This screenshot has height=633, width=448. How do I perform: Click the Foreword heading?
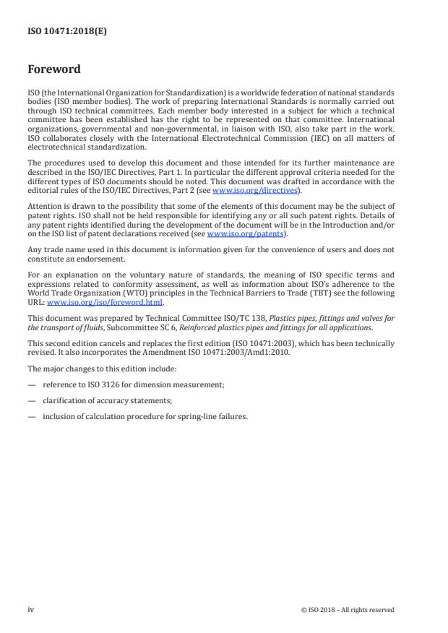click(53, 70)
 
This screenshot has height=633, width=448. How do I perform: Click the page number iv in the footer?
click(31, 609)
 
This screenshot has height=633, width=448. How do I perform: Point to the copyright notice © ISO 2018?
click(348, 610)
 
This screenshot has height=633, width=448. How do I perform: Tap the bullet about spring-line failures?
click(145, 416)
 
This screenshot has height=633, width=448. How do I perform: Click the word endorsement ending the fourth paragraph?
click(96, 259)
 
